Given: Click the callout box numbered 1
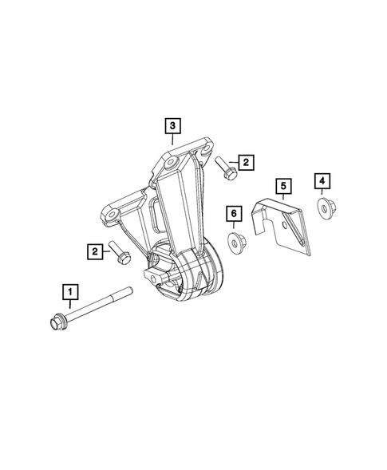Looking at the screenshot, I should click(x=72, y=291).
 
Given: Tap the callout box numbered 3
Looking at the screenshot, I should click(x=173, y=125).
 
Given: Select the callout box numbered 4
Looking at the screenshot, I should click(x=322, y=181).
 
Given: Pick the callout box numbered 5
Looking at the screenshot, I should click(x=282, y=187).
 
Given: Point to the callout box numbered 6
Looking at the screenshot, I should click(x=233, y=213).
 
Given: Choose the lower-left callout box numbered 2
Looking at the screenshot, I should click(x=96, y=252).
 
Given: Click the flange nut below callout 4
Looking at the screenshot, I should click(x=324, y=210).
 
